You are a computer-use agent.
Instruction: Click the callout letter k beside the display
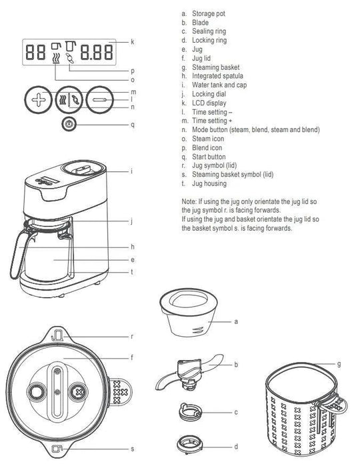(133, 41)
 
